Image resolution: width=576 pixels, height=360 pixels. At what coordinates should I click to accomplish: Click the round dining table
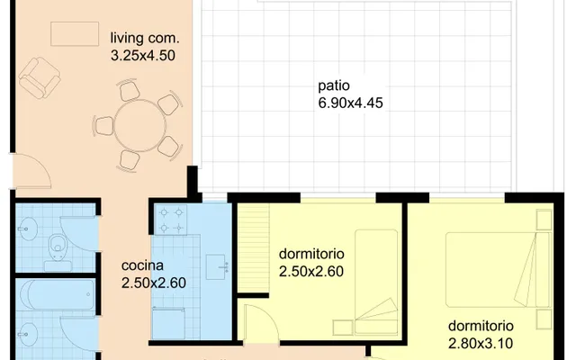click(140, 126)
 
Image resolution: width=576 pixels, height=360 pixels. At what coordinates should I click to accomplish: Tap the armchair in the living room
click(40, 77)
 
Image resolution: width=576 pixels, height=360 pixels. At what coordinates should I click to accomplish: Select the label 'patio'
click(334, 85)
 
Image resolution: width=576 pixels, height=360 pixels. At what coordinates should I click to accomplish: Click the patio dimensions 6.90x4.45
click(350, 103)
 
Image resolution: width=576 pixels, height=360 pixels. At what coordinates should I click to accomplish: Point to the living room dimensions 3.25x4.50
click(143, 56)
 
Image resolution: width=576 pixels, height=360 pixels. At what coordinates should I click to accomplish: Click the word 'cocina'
click(142, 265)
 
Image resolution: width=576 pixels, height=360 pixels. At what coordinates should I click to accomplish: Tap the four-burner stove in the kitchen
click(171, 220)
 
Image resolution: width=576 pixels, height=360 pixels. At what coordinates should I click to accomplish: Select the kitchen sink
click(217, 267)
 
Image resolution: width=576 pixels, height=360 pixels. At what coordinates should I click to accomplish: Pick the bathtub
click(58, 294)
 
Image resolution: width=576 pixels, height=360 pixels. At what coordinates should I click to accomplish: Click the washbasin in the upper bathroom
click(27, 229)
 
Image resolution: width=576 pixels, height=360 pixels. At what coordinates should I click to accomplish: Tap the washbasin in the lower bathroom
click(28, 334)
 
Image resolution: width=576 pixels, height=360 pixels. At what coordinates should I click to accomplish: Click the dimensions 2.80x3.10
click(481, 344)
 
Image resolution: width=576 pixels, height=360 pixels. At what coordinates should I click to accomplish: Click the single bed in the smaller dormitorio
click(376, 282)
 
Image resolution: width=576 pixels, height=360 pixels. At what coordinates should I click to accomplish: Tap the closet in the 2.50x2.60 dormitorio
click(254, 249)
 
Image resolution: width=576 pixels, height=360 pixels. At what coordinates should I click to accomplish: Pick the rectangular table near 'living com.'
click(75, 34)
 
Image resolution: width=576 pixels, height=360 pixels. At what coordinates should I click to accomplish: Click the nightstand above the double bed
click(544, 220)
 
